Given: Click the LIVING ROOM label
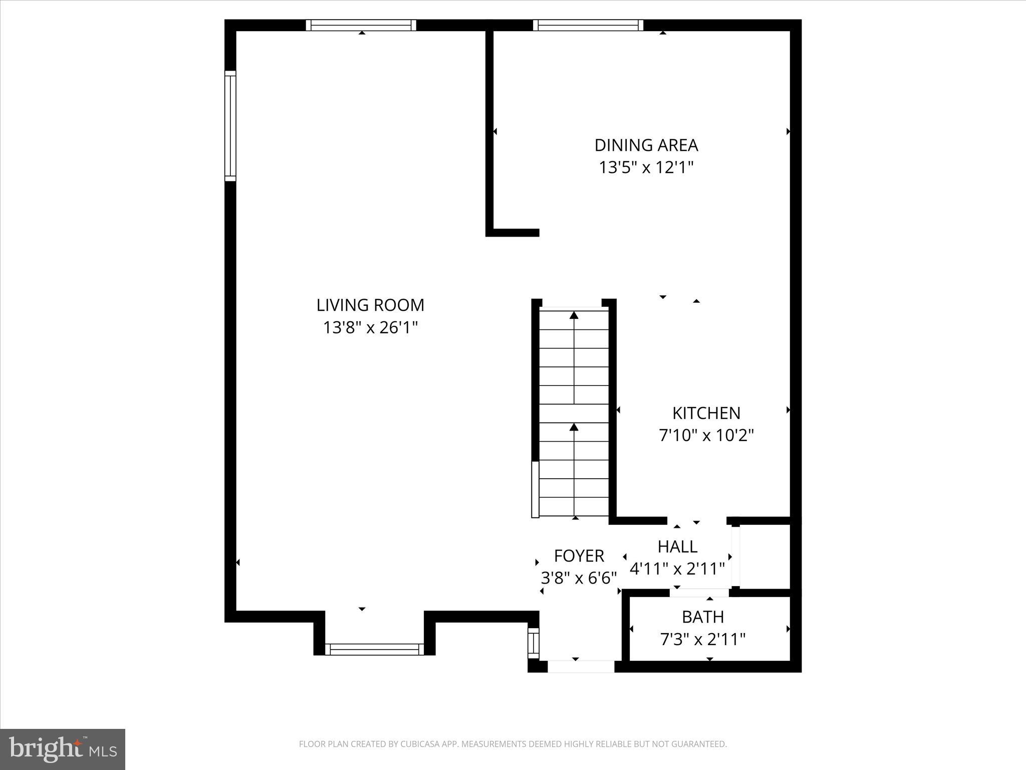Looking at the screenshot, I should [370, 305].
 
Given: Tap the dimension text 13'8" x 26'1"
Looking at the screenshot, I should [370, 328].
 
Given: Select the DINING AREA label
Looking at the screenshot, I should [646, 145].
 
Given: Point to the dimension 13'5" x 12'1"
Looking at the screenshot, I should [646, 167].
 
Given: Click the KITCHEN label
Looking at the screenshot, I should [706, 413].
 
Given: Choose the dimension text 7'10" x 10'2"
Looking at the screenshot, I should [706, 435].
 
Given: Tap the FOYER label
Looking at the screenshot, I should [579, 556].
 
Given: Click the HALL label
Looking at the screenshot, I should [677, 546].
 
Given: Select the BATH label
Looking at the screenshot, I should [703, 617].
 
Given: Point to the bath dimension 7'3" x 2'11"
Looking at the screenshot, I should [703, 639].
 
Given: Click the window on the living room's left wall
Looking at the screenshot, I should [230, 126].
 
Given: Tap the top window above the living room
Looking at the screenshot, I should [361, 25].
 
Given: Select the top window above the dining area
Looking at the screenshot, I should [588, 25].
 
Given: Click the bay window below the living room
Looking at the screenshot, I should [374, 649].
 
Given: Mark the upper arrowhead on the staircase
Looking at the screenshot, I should [574, 315].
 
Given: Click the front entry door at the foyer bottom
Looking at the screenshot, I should [581, 666].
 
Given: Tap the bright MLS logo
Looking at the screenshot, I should [63, 749].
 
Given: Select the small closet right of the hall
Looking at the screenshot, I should [764, 556].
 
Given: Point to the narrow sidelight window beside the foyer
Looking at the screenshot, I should [534, 643].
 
